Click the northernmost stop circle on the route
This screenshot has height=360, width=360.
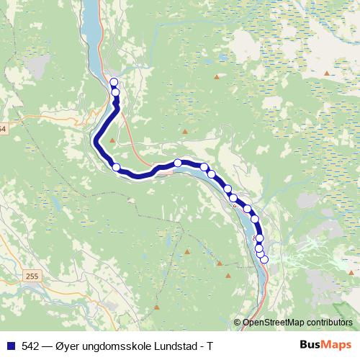114,82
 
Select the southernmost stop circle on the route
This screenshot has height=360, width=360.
264,259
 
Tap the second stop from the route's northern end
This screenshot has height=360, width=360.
115,92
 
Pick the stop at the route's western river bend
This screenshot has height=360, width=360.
117,168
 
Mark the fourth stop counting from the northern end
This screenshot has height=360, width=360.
178,163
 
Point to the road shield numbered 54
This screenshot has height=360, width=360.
2,129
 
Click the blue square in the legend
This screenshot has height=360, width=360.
10,345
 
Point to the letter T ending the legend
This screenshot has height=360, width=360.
210,345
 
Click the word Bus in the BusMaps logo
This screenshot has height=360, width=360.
310,345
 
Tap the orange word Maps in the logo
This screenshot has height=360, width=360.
337,345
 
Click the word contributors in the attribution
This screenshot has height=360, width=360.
328,322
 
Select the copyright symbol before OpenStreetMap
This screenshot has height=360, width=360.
237,322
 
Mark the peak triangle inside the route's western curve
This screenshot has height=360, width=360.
112,139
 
